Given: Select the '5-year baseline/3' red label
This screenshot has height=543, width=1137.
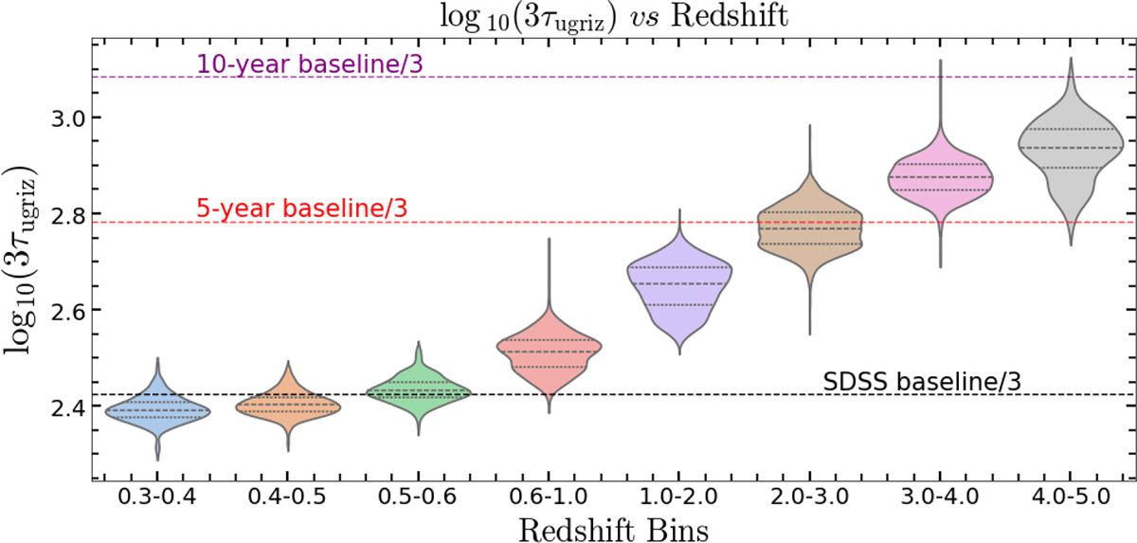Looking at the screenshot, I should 302,208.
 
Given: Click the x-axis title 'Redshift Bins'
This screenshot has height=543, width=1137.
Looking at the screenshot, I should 613,527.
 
